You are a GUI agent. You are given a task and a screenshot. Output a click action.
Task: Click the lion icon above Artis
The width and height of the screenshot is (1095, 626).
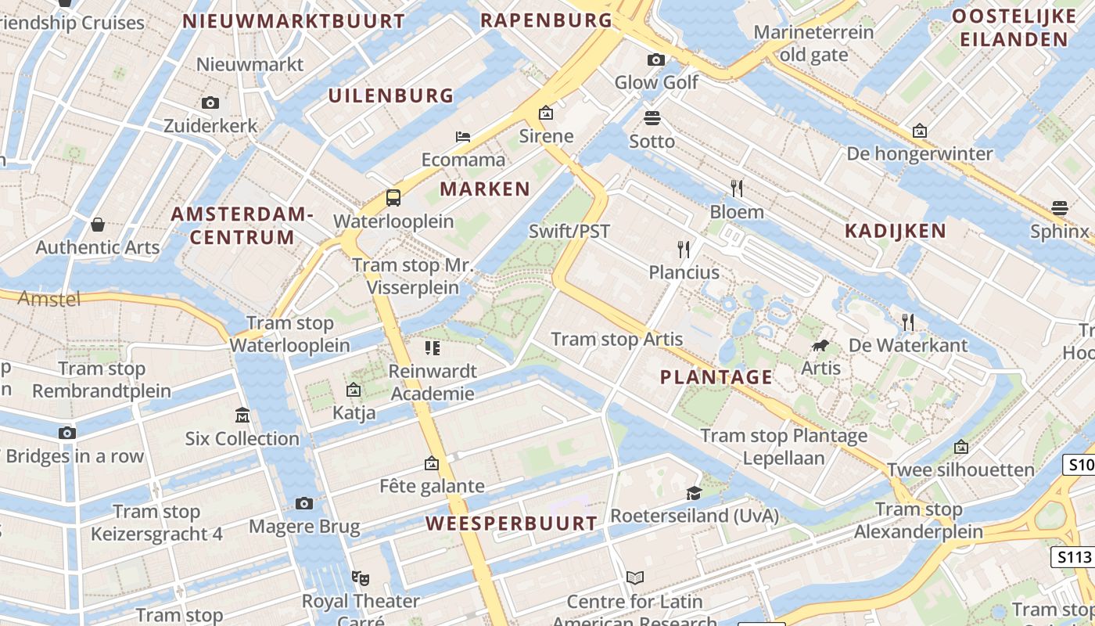tap(820, 345)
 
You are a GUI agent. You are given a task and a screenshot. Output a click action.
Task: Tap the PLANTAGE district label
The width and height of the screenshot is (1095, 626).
tap(716, 377)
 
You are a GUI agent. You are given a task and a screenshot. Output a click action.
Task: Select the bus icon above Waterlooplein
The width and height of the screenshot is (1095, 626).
tap(393, 198)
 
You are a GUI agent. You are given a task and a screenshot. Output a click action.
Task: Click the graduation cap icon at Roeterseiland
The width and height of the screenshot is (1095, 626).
tap(694, 493)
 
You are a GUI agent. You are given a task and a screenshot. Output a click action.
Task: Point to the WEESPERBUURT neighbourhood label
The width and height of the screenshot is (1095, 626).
tap(512, 523)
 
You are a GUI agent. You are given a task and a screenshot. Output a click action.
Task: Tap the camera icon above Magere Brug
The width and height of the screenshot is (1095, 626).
tap(304, 503)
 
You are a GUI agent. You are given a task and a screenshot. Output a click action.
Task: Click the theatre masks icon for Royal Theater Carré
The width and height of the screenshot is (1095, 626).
tap(360, 578)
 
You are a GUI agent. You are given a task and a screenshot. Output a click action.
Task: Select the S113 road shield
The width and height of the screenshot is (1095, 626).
tap(1073, 557)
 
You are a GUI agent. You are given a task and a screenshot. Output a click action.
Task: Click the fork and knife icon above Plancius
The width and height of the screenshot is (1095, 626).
tap(684, 250)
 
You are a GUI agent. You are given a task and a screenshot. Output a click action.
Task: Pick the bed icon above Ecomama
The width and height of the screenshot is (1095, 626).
tap(463, 137)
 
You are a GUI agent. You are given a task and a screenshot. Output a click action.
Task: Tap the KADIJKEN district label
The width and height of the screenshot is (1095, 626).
tap(896, 231)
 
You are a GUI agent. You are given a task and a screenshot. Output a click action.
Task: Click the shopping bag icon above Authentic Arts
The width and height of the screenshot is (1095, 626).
tap(98, 225)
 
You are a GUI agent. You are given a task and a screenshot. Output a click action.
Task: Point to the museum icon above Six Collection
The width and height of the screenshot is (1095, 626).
tap(242, 416)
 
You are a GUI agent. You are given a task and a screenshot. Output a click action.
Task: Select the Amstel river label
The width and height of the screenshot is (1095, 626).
tap(49, 298)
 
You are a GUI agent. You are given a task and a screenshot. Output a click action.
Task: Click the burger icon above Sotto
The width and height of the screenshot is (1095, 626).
tap(652, 118)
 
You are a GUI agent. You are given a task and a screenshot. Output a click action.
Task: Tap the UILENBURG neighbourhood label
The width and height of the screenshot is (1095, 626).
tap(391, 96)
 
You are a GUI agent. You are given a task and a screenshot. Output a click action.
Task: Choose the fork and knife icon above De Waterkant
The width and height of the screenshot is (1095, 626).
tap(907, 322)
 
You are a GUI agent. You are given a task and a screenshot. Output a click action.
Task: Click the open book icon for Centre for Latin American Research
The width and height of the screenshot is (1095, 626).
tap(635, 578)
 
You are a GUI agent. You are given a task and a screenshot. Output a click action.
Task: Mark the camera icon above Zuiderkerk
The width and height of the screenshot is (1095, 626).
tap(210, 103)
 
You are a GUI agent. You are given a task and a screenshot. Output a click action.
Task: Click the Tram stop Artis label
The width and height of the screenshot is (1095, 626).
tap(617, 340)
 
